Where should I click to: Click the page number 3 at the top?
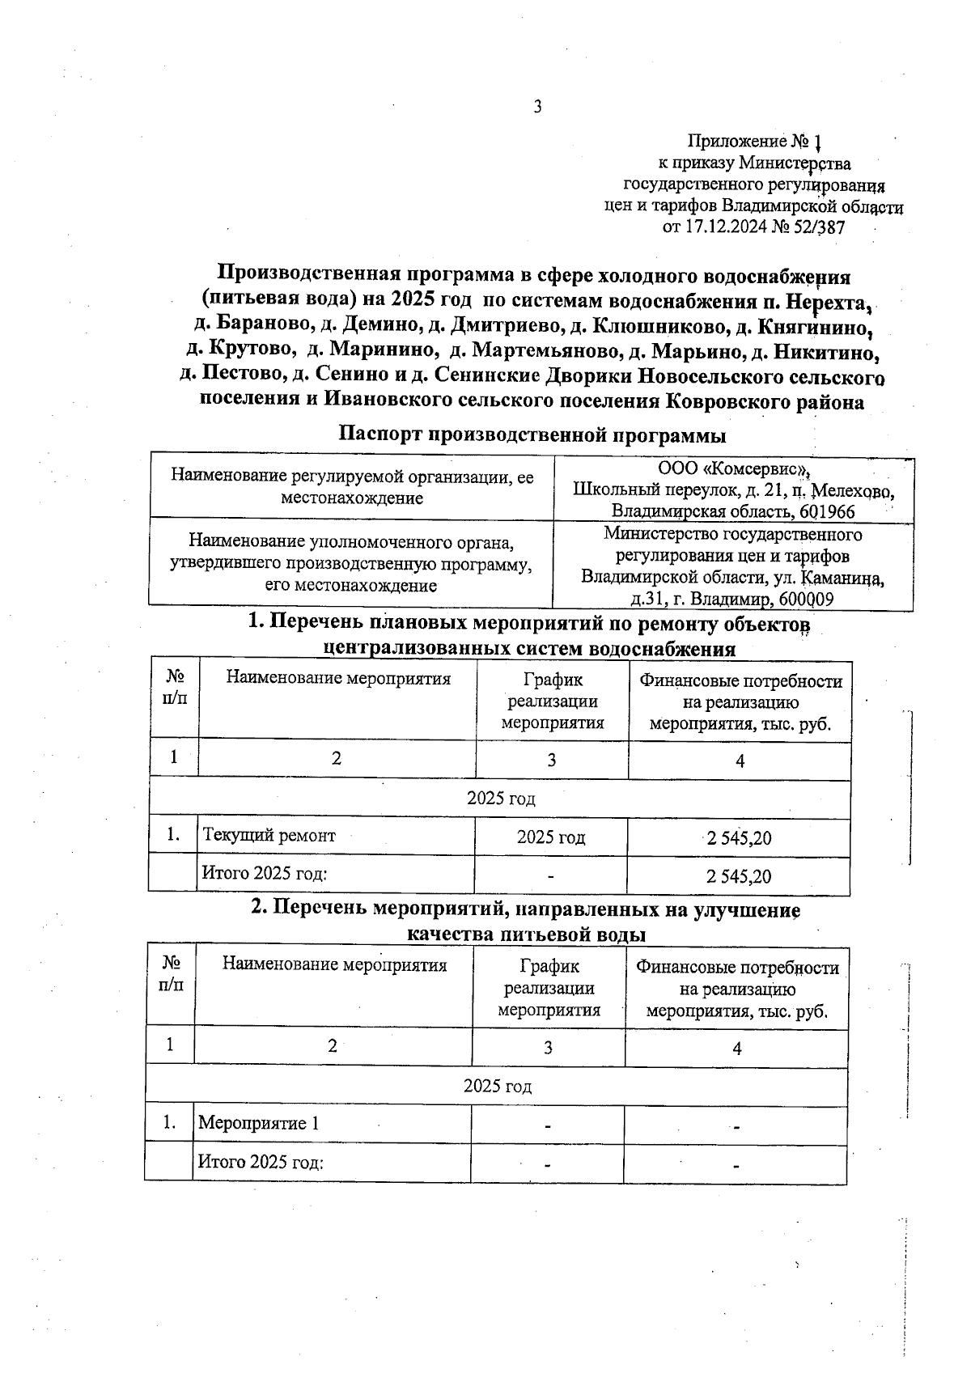(x=536, y=107)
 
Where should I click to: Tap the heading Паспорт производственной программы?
(x=532, y=434)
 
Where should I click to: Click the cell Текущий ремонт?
(x=269, y=835)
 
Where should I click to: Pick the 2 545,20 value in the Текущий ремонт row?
(x=739, y=838)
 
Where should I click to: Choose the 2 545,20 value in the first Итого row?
(x=739, y=876)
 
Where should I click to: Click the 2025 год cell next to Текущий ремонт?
(x=550, y=837)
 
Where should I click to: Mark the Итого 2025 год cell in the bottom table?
(x=261, y=1163)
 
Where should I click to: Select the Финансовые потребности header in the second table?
(x=737, y=968)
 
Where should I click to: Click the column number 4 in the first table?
(x=740, y=761)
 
